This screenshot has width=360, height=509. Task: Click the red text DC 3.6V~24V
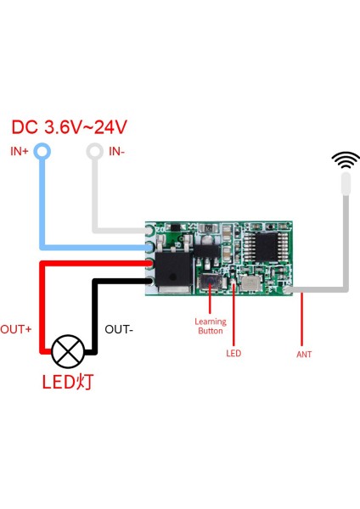point(70,127)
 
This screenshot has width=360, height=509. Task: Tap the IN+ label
point(20,151)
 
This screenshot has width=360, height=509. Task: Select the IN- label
point(117,151)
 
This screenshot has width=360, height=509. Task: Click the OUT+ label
point(16,328)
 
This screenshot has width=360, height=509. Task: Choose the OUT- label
point(118,328)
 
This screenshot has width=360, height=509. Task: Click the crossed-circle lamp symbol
point(68,351)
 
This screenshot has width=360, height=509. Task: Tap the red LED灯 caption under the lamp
point(68,382)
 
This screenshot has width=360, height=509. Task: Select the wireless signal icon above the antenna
point(346,159)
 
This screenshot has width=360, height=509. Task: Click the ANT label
point(303,354)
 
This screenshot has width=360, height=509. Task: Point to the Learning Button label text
point(210,327)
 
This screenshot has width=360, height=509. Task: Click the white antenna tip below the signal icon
point(346,183)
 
